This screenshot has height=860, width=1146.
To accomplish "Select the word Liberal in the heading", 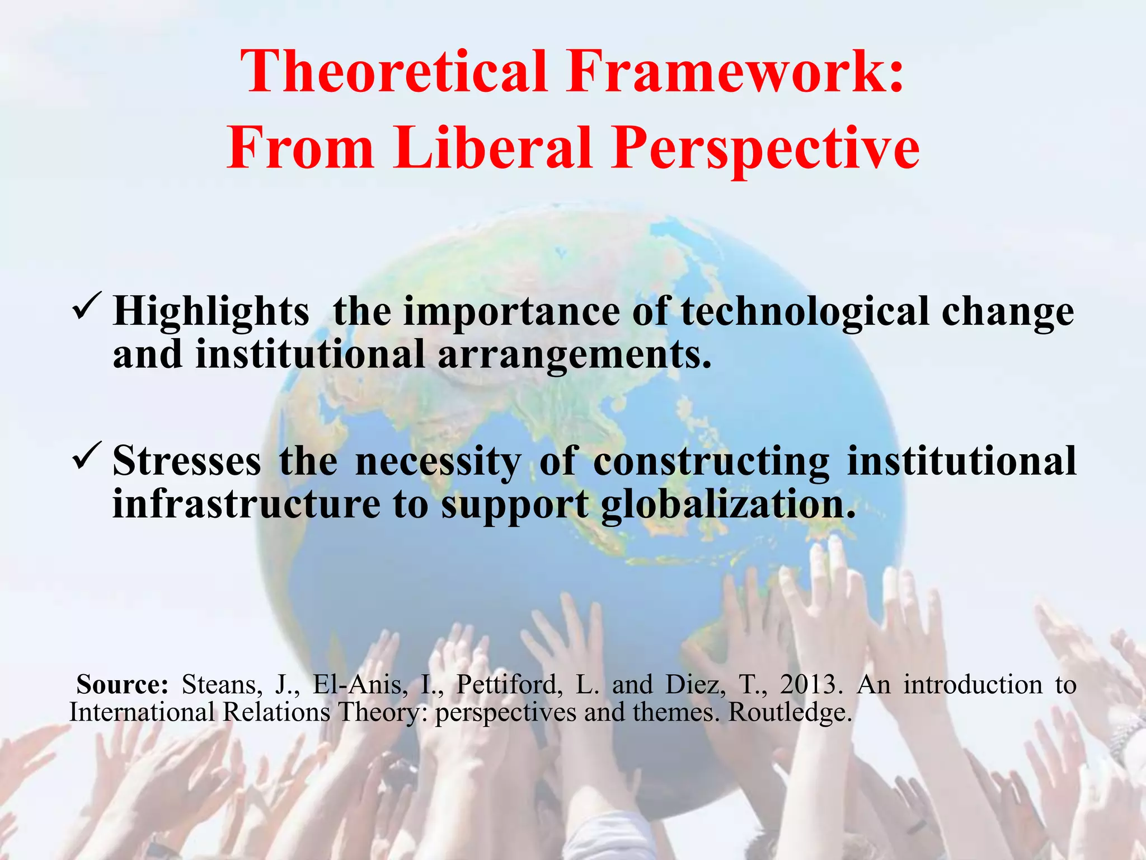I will pos(492,148).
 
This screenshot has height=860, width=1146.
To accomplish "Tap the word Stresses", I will pos(187,461).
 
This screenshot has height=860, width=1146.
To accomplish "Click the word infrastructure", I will pos(246,504).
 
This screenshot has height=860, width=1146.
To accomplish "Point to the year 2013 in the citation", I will pos(811,685).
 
